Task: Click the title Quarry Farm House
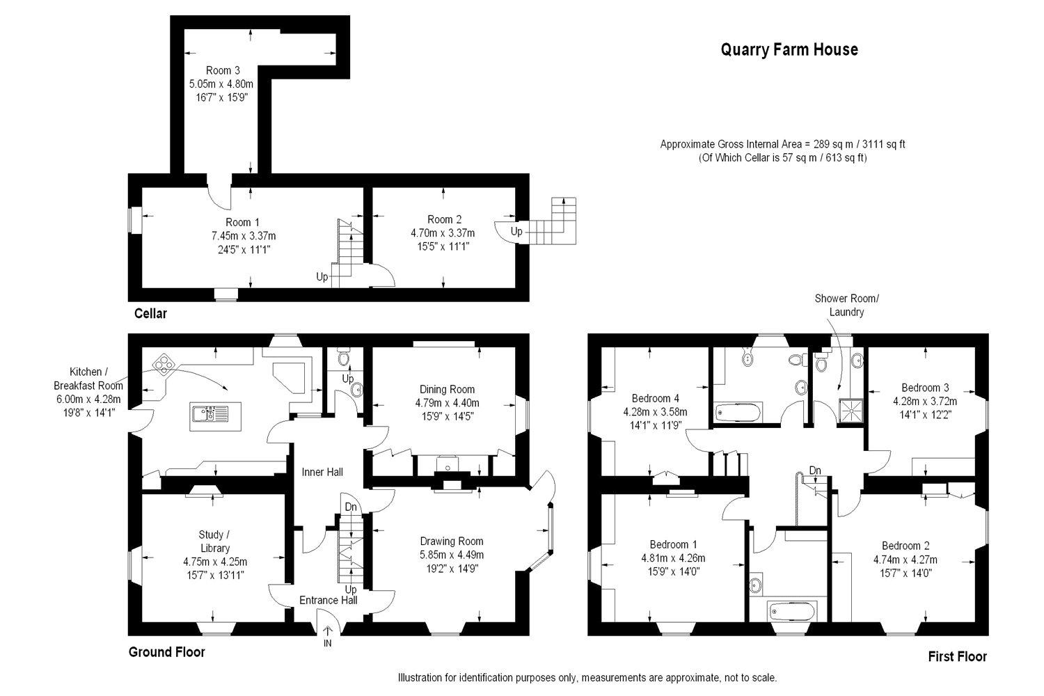[x=789, y=49]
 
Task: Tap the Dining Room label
[x=447, y=389]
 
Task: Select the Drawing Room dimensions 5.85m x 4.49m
[x=452, y=555]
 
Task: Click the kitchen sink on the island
[x=215, y=416]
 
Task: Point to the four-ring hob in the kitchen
[x=164, y=365]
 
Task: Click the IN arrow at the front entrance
[x=328, y=632]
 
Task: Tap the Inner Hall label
[x=322, y=472]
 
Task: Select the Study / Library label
[x=214, y=541]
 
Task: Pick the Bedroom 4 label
[x=656, y=398]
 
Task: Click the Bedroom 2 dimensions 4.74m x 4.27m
[x=905, y=560]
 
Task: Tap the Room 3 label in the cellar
[x=223, y=70]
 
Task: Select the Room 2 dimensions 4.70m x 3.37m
[x=443, y=232]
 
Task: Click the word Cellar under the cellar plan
[x=150, y=313]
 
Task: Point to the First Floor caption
[x=957, y=656]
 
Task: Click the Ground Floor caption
[x=167, y=651]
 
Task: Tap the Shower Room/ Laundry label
[x=846, y=305]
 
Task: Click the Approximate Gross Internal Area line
[x=782, y=144]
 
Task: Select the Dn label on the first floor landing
[x=815, y=470]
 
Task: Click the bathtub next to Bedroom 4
[x=738, y=413]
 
